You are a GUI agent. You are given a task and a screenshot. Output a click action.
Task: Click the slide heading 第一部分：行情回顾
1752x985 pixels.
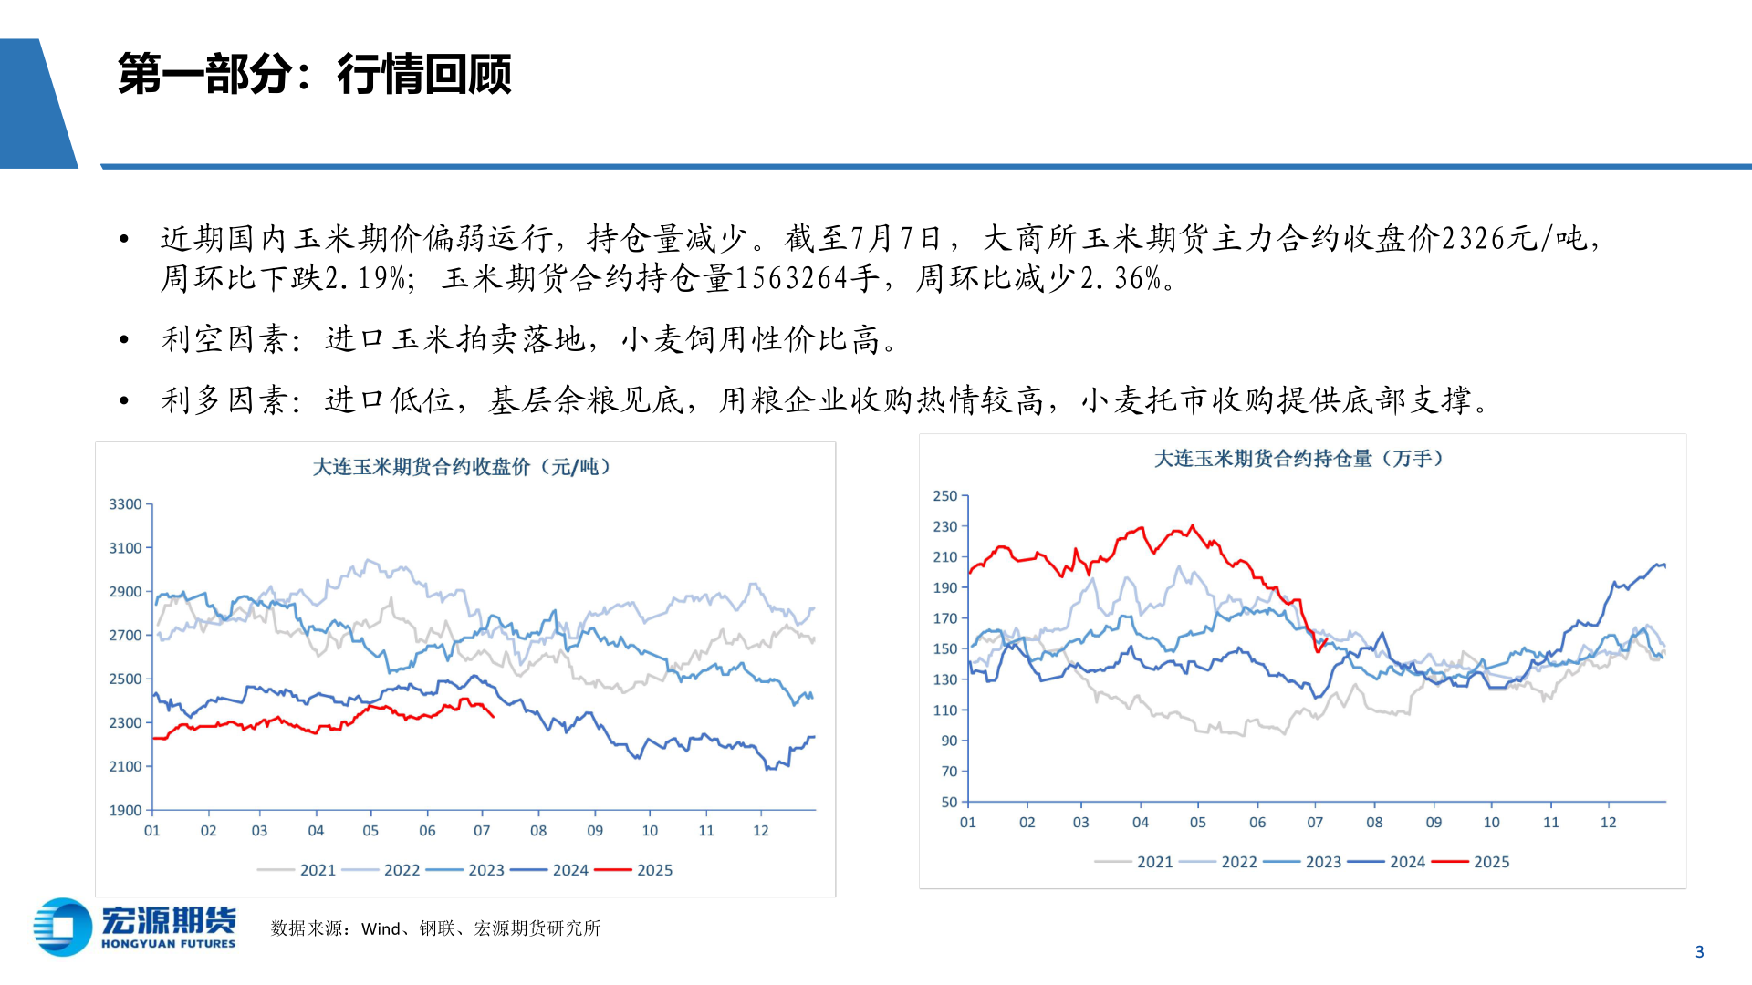[x=314, y=74]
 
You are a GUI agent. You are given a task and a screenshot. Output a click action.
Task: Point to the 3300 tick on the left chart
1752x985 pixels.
[x=126, y=504]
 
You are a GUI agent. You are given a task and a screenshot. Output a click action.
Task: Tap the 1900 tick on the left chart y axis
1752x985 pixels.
[x=126, y=810]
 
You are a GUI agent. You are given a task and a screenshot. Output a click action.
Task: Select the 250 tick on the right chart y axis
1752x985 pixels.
[x=944, y=496]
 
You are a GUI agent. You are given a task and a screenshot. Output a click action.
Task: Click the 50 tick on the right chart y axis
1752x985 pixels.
[x=949, y=802]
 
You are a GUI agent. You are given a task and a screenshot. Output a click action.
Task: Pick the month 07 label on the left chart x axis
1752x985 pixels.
[x=482, y=831]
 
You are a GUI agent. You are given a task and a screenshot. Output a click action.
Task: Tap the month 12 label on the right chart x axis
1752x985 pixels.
[x=1608, y=823]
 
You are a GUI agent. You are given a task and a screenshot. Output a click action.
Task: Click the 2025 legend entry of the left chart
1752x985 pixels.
[x=653, y=870]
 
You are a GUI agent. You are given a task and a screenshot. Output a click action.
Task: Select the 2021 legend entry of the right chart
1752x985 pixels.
[x=1153, y=862]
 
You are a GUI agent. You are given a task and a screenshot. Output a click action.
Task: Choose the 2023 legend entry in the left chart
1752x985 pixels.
[x=485, y=870]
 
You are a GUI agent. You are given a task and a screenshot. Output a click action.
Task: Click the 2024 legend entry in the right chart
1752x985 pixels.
[x=1406, y=862]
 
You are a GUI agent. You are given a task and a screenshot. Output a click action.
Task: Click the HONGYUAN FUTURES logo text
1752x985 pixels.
[x=168, y=944]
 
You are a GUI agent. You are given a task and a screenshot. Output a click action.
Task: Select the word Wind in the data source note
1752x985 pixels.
[x=381, y=928]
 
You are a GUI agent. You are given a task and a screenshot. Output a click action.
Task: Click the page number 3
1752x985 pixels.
[x=1699, y=952]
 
